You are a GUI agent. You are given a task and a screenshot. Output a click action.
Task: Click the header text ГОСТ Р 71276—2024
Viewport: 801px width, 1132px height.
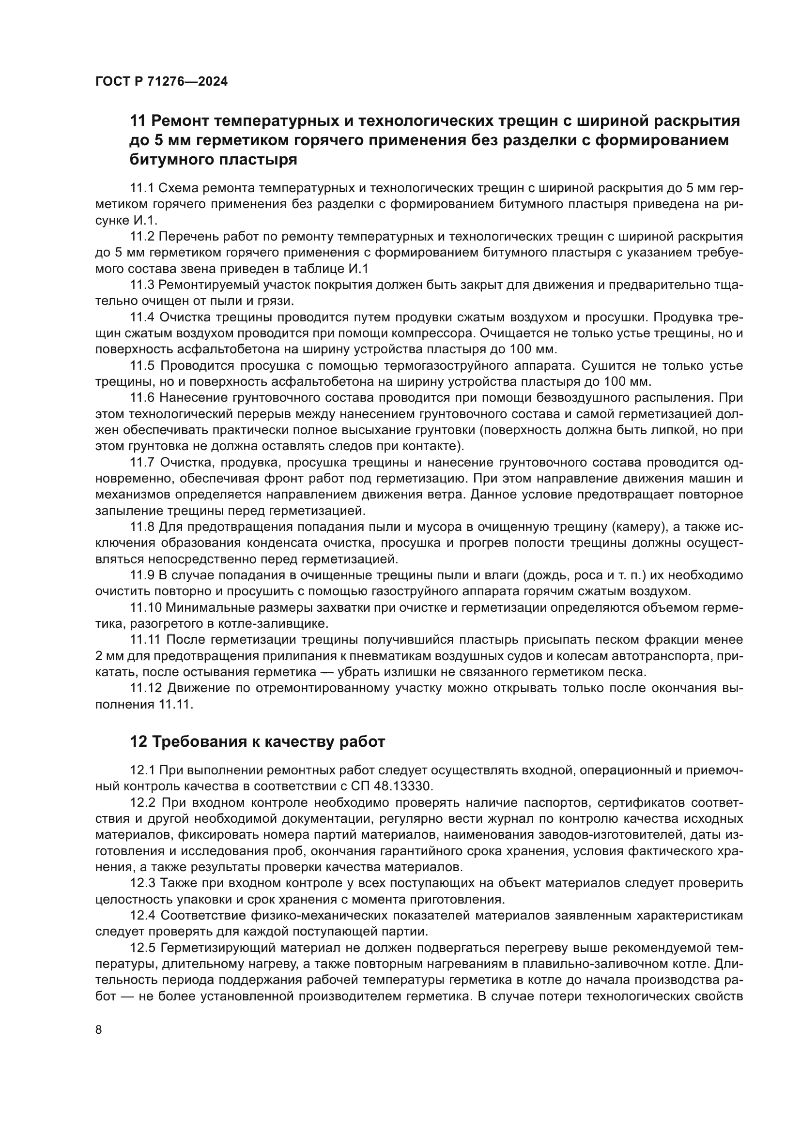(161, 82)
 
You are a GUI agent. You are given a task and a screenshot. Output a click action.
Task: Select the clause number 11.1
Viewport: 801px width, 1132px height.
(142, 188)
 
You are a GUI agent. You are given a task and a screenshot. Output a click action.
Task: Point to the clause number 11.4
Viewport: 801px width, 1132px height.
(142, 317)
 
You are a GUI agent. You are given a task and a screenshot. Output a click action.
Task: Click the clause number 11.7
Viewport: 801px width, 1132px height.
(142, 462)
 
